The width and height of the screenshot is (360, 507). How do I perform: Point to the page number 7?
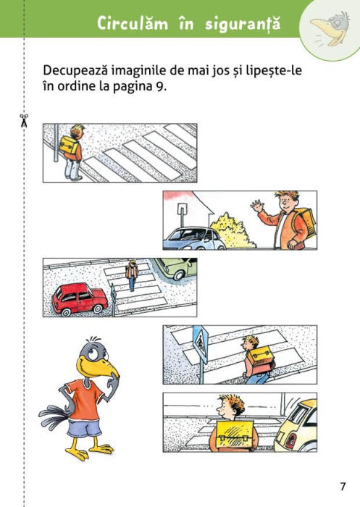(x=343, y=485)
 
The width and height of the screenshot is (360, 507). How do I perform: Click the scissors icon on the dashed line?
(x=23, y=120)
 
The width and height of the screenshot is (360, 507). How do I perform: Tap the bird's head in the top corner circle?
(x=330, y=26)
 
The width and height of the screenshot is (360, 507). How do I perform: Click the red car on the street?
(x=80, y=298)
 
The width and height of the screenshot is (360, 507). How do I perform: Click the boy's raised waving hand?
(x=257, y=206)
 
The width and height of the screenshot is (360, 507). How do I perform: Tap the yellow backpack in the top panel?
(x=69, y=146)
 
